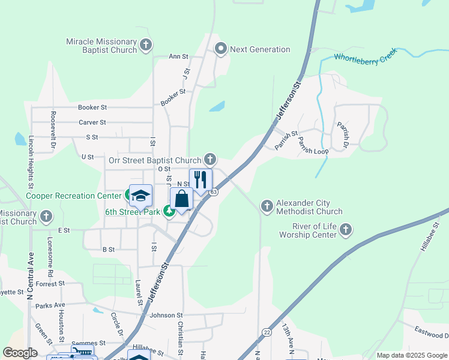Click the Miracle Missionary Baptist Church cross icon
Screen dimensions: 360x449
tap(146, 45)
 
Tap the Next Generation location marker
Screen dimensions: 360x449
tap(220, 49)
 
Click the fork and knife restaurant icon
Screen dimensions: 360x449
tap(200, 179)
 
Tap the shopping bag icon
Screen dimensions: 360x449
tap(181, 199)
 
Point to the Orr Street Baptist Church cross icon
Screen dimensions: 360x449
tap(209, 160)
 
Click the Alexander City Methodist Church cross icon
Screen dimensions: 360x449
tap(267, 206)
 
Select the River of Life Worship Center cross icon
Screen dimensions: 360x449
tap(346, 229)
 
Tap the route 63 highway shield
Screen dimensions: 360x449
tap(214, 192)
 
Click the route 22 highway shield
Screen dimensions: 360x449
tap(267, 332)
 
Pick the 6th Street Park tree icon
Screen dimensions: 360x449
tap(170, 212)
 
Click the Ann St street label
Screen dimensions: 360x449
tap(178, 56)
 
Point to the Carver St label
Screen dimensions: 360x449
tap(92, 122)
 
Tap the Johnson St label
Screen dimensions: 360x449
tap(166, 315)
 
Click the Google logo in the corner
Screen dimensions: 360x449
tap(20, 352)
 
